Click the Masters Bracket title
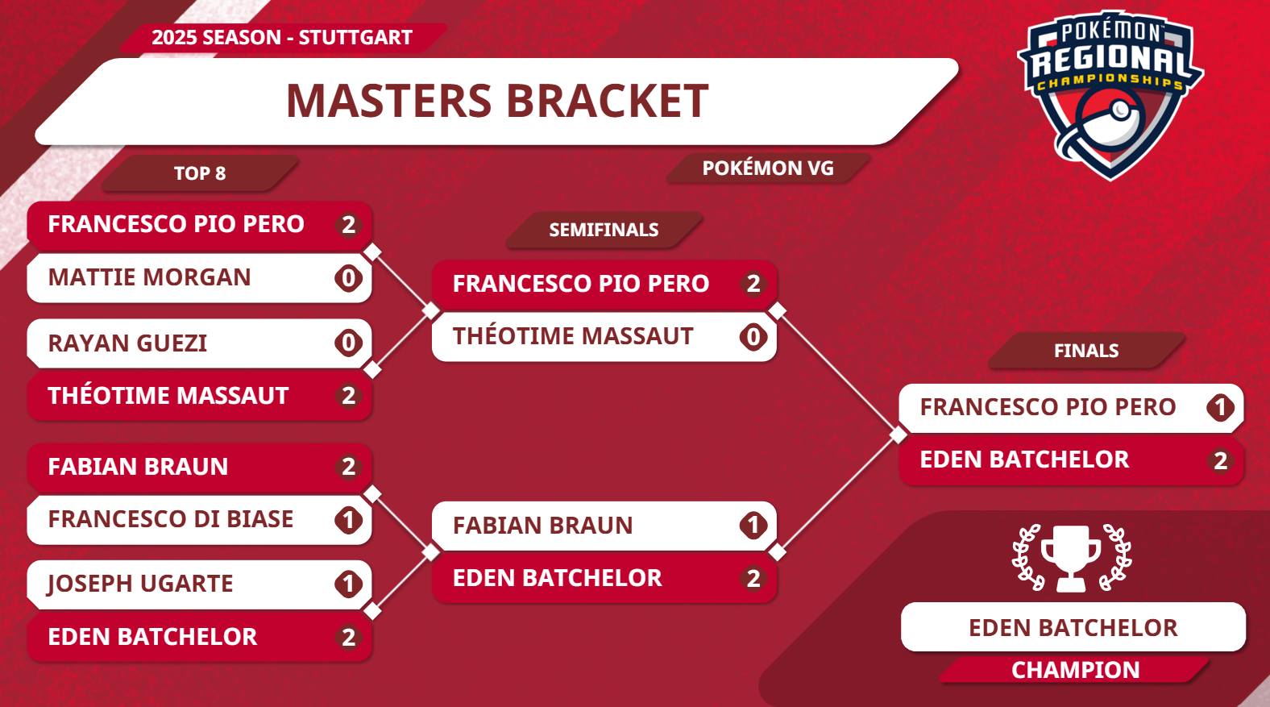click(x=497, y=101)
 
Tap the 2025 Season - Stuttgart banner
click(x=282, y=37)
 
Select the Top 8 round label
click(x=200, y=173)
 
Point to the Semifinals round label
click(x=604, y=230)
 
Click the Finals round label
click(x=1086, y=351)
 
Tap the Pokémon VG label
click(x=768, y=168)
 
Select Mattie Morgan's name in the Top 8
click(x=149, y=277)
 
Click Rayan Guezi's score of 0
click(x=348, y=343)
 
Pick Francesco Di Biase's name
click(x=171, y=519)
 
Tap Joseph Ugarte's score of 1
click(x=348, y=584)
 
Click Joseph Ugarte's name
click(x=140, y=584)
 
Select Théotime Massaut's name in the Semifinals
click(x=573, y=336)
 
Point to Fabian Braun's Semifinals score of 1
click(x=753, y=526)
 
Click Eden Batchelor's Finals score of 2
click(x=1220, y=460)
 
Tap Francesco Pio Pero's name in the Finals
click(x=1048, y=407)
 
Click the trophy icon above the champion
click(x=1071, y=559)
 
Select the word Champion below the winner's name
click(x=1076, y=670)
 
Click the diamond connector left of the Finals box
click(x=898, y=435)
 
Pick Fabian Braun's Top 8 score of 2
click(x=348, y=467)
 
